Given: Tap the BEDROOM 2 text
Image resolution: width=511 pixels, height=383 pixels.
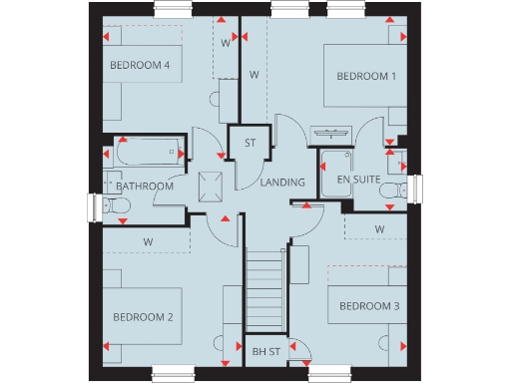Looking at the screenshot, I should point(143,317).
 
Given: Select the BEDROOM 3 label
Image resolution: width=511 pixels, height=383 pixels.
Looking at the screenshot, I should point(368,305).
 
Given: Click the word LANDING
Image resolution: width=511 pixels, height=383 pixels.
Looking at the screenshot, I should point(281,184).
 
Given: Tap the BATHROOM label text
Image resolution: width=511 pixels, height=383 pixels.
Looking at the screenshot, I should point(145,187).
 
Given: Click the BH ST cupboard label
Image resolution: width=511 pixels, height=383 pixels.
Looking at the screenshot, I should point(266,351).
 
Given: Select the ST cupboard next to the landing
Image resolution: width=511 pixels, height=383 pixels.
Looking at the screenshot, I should point(250,143).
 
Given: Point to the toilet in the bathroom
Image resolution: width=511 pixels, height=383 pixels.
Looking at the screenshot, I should point(115,207).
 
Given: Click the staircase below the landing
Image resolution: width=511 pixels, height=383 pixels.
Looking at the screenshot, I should point(265,289).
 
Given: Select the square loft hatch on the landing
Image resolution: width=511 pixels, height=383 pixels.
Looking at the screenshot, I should point(211,185).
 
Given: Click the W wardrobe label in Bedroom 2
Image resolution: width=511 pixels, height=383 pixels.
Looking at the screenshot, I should point(147,241).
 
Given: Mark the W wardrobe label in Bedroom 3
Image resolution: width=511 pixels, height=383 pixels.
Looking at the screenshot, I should point(379,228).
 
